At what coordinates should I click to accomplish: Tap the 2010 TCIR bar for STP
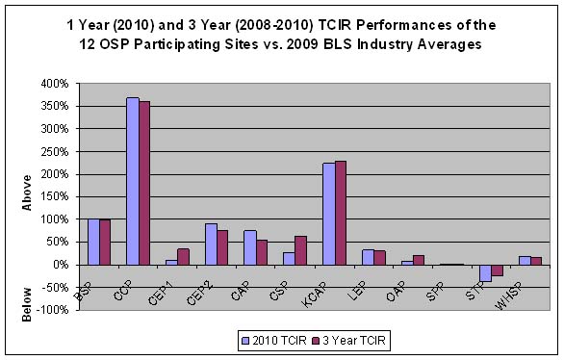point(485,272)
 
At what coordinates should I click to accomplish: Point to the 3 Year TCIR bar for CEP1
point(184,256)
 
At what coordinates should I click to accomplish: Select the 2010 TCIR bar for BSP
point(92,242)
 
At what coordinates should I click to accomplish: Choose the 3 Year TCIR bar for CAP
point(262,252)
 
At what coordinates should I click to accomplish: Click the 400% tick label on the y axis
point(54,84)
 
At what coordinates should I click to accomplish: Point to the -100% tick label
point(52,309)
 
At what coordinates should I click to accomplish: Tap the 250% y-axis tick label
point(54,151)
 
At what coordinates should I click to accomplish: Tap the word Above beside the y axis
point(28,190)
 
